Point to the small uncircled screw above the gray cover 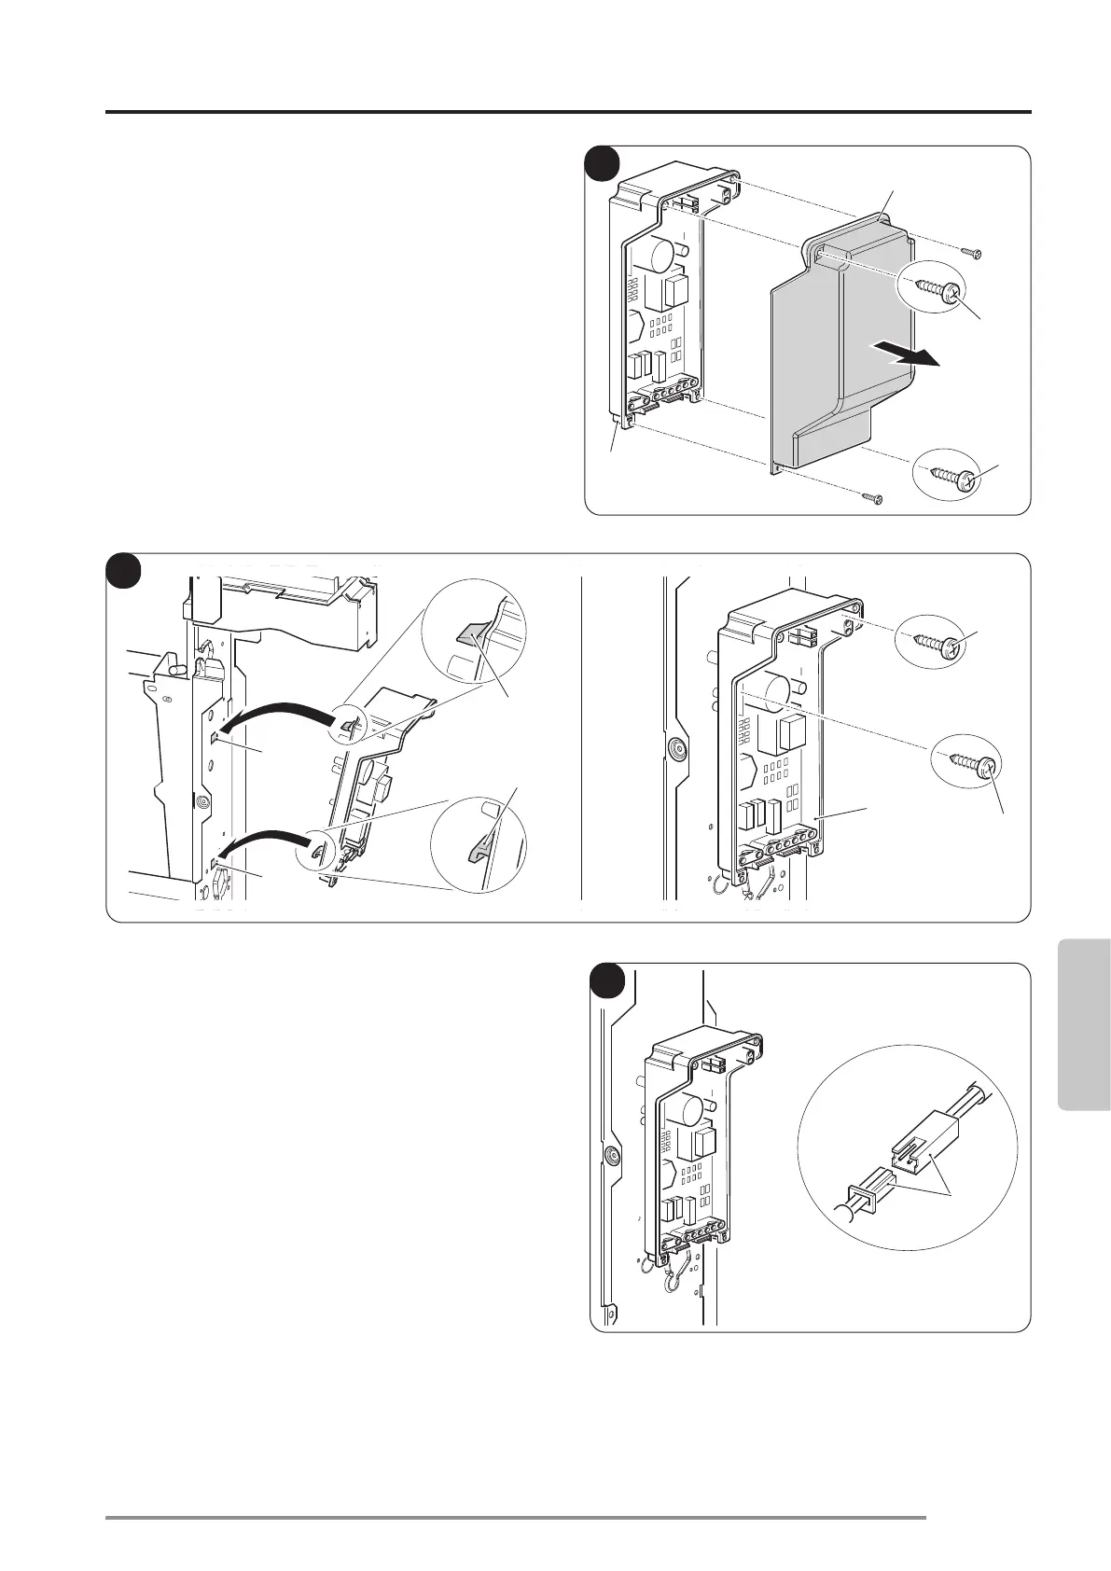click(972, 252)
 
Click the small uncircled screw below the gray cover click(872, 498)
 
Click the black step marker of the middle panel click(122, 570)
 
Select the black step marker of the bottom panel click(608, 980)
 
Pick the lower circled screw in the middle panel click(970, 764)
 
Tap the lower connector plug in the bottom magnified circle click(868, 1193)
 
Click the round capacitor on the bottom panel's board click(688, 1111)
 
